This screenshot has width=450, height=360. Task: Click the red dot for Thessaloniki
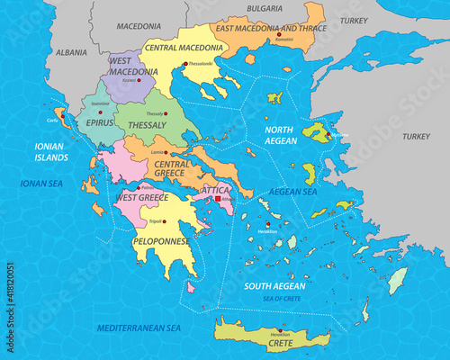(x=184, y=63)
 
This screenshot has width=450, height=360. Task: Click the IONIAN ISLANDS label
(x=51, y=151)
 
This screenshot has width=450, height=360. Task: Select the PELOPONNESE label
(x=160, y=240)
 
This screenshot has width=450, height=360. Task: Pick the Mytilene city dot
(x=333, y=137)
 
